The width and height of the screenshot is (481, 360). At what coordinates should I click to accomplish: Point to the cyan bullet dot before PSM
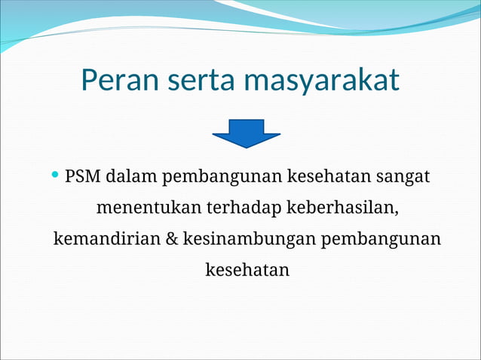coord(55,175)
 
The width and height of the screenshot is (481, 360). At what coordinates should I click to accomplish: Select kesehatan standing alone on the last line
coord(247,269)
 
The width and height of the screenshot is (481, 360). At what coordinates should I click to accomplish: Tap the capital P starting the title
coord(90,81)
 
